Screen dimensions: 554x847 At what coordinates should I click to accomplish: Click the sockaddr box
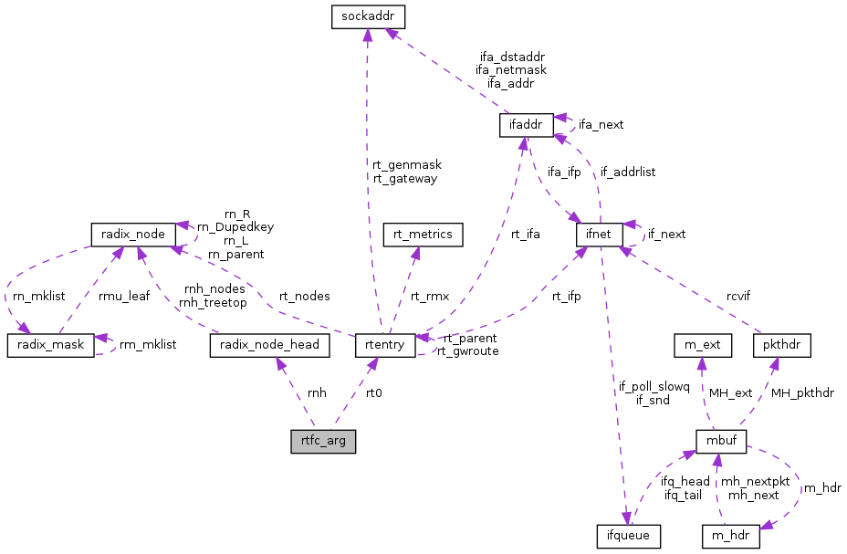[367, 16]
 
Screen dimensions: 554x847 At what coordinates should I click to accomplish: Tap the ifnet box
[599, 235]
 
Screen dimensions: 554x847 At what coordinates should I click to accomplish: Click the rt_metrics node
[423, 235]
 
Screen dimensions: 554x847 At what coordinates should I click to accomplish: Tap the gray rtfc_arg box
[323, 442]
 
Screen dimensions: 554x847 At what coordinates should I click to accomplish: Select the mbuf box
[721, 442]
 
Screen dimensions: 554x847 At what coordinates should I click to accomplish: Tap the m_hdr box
[730, 535]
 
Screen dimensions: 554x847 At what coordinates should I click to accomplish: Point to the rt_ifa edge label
[525, 235]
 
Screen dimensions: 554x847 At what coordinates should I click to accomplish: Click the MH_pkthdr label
[802, 393]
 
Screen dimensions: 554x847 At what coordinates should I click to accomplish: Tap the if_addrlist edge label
[627, 172]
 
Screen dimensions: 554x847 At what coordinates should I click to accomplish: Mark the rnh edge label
[317, 393]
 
